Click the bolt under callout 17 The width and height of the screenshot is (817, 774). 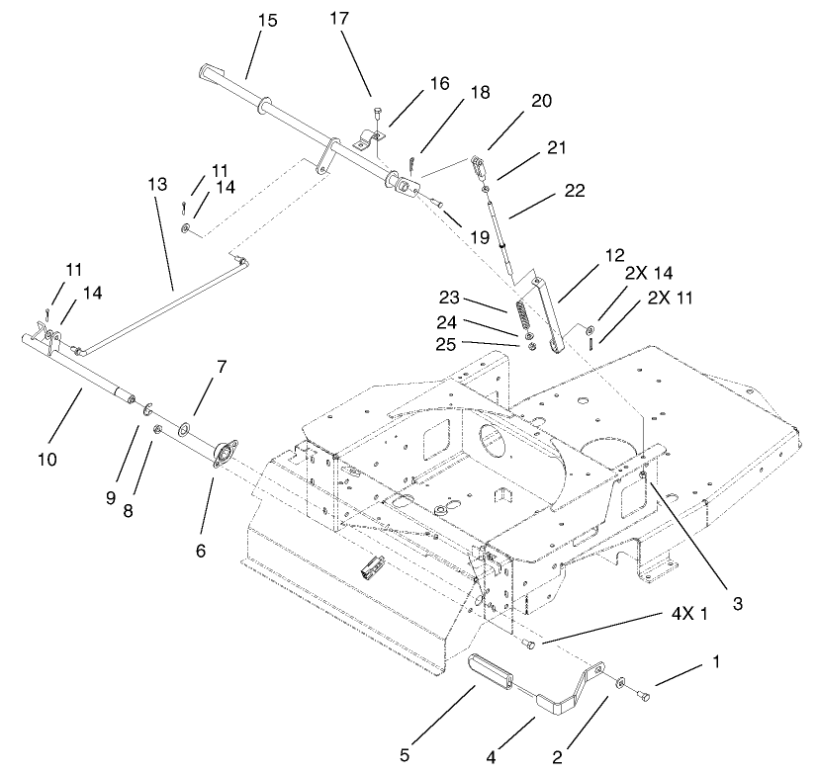point(376,113)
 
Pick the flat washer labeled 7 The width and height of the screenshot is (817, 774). point(185,429)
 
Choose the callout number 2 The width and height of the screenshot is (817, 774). point(558,758)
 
